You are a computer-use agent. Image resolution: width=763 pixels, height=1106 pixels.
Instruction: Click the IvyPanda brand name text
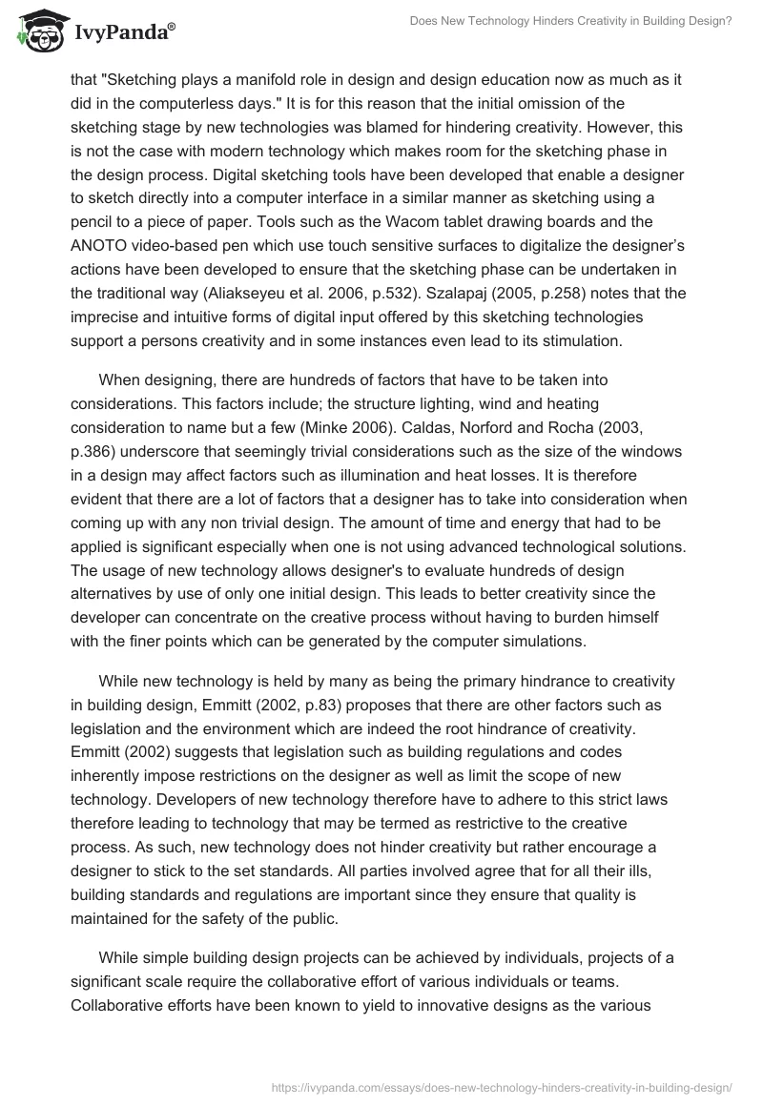coord(118,32)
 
